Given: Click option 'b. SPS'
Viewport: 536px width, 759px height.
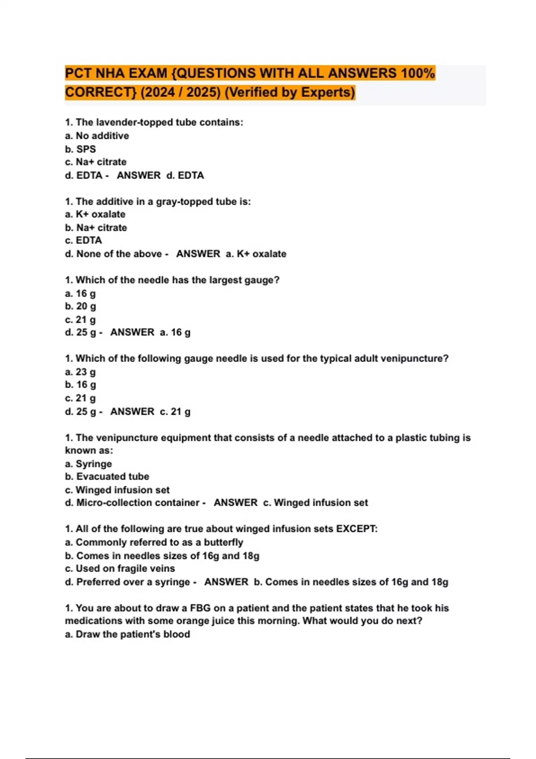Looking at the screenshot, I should pyautogui.click(x=80, y=149).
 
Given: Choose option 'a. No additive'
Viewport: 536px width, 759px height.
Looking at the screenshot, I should pyautogui.click(x=97, y=136).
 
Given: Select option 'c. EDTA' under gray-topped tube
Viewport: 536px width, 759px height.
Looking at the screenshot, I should pyautogui.click(x=84, y=240).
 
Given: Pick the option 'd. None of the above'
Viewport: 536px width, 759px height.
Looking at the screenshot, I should pyautogui.click(x=113, y=254).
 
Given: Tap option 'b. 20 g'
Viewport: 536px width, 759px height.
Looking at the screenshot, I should pyautogui.click(x=80, y=306).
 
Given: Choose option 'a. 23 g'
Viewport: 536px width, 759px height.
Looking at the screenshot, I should pyautogui.click(x=80, y=372).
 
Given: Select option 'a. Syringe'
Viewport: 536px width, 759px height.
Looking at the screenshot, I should pyautogui.click(x=88, y=464).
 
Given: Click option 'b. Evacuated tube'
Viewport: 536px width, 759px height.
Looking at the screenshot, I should pyautogui.click(x=107, y=476).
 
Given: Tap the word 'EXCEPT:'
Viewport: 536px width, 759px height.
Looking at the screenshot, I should pyautogui.click(x=357, y=529).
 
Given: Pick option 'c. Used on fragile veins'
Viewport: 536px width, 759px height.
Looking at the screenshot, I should pyautogui.click(x=120, y=568).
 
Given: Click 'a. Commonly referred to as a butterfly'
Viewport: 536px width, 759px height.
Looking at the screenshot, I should pyautogui.click(x=154, y=542).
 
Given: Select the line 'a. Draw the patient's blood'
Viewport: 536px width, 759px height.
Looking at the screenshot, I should pyautogui.click(x=128, y=634).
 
